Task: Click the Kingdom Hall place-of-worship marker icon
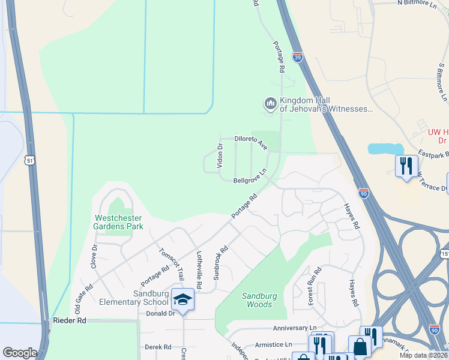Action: [270, 104]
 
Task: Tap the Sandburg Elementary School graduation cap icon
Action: [182, 299]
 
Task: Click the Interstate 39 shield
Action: [298, 57]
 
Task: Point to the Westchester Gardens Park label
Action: [118, 222]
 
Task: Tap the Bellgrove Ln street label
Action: [249, 181]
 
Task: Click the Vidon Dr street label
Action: [220, 155]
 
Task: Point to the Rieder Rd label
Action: [69, 321]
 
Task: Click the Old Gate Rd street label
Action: [81, 298]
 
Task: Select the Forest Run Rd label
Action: [315, 286]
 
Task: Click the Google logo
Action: [19, 353]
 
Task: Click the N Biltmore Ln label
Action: [425, 3]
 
